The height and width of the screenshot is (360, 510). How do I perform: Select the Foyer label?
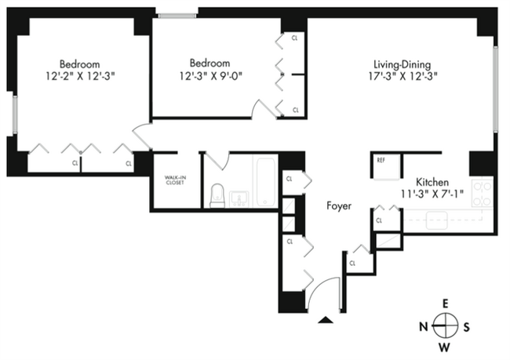pos(339,206)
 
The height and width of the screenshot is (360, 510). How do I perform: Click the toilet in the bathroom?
pos(218,195)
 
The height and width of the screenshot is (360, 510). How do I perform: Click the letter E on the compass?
pos(444,303)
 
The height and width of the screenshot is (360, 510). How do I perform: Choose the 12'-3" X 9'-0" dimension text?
pos(209,76)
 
